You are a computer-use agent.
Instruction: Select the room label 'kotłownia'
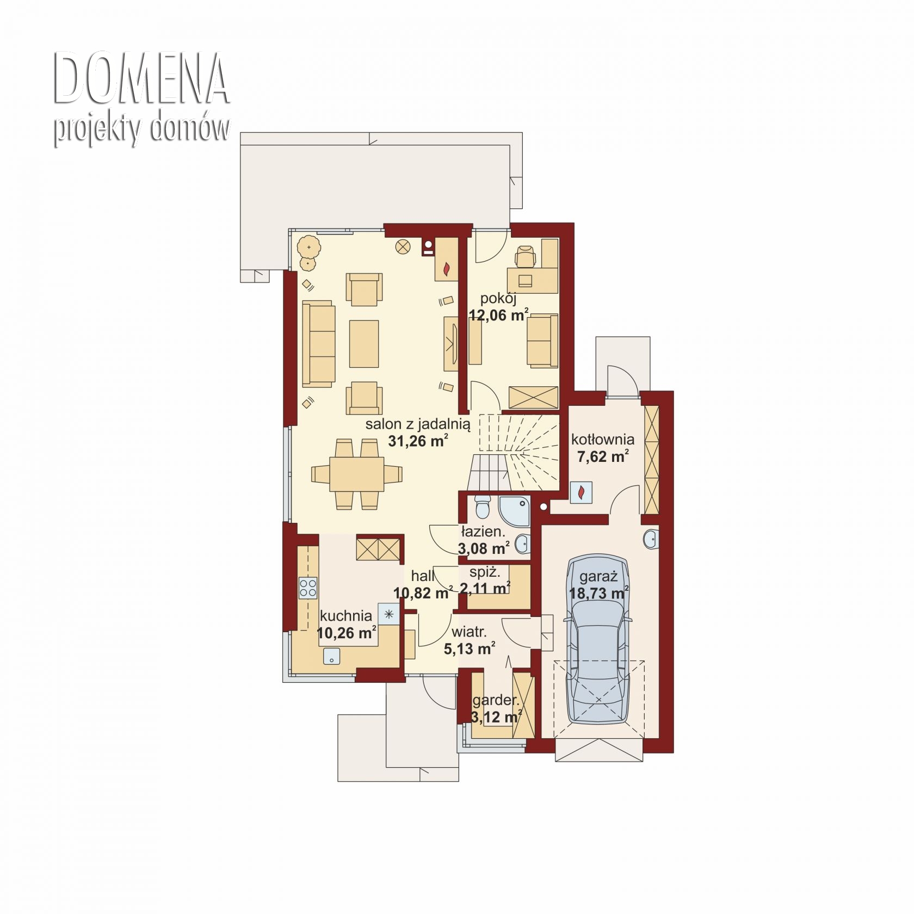603,439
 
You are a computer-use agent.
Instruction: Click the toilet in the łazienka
482,508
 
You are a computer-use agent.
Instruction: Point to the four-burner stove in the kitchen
308,588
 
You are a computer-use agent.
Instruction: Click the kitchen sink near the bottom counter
332,657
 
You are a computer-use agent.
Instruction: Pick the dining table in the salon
357,473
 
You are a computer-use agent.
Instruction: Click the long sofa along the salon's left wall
319,344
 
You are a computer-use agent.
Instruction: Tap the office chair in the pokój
525,256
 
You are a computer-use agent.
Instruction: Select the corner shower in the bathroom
514,511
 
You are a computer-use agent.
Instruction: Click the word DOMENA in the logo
141,79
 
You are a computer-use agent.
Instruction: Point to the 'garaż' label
598,577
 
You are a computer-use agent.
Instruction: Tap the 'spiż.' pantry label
485,572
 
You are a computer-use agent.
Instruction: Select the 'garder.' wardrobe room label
496,700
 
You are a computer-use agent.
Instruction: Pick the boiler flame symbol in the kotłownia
582,492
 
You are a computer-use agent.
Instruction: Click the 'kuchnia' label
346,616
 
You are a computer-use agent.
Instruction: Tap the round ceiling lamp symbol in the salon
403,246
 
